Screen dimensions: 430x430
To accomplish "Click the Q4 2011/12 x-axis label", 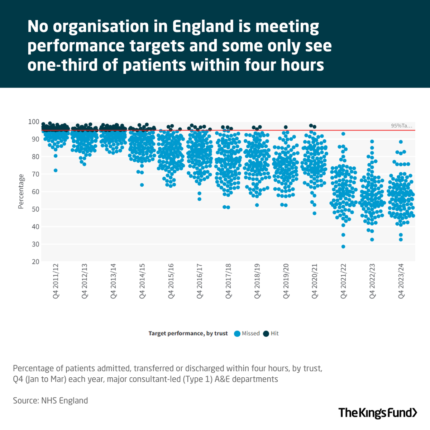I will pos(56,281).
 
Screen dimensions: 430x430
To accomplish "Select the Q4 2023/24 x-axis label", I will pos(401,281).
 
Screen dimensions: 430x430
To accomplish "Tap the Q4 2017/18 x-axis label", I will pos(229,281).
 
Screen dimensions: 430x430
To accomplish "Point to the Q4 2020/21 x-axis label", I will pos(315,281).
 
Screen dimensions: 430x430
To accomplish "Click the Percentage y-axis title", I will pos(21,191).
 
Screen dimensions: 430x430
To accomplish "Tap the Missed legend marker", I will pos(237,334).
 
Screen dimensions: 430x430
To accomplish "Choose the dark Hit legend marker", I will pos(266,334).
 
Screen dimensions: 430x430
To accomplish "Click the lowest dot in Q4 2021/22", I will pos(343,247).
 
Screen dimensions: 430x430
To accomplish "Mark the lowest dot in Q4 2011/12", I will pos(56,171).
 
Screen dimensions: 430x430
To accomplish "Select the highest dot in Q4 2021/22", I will pos(343,134).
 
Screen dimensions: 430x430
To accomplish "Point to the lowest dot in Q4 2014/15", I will pos(142,185).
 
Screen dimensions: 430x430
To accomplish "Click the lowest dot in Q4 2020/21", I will pos(315,213).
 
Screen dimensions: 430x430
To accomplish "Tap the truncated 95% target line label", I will pos(401,126).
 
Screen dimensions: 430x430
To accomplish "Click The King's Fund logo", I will pos(378,412).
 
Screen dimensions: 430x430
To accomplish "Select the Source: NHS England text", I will pos(50,400).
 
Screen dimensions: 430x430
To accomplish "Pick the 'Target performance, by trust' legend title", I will pos(188,334).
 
